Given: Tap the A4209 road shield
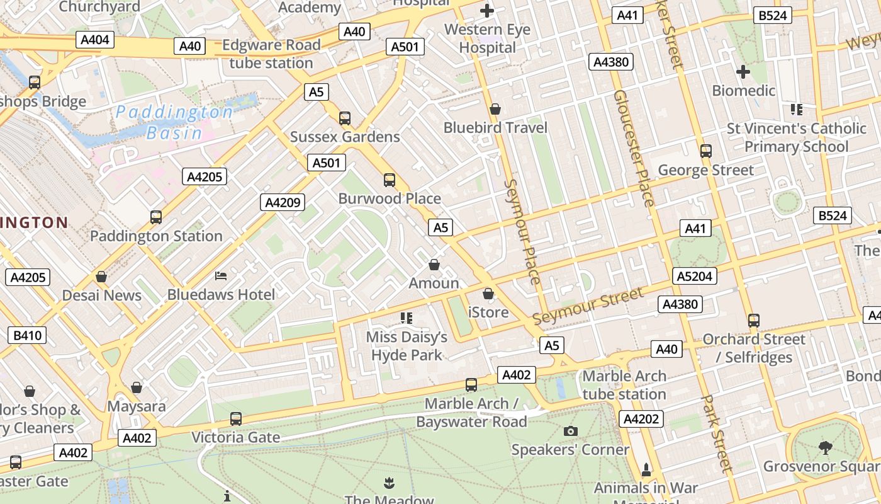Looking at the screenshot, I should pos(283,202).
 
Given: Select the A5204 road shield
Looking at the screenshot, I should pos(695,276).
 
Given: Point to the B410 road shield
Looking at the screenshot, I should pos(28,335).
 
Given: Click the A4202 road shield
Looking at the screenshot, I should pos(641,419).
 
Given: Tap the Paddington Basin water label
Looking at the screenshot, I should pos(174,122).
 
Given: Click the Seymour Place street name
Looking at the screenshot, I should pos(523,231).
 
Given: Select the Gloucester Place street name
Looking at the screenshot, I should pos(634,149).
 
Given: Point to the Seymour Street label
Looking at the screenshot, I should pos(588,306).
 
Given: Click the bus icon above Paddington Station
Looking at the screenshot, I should pos(156,217).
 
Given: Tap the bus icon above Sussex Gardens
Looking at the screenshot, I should pos(344,118).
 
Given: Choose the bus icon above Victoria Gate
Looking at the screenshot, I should pos(236,418).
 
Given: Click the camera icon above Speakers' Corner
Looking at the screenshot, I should pos(571,431).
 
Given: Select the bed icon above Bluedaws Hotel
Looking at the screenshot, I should pos(221,275).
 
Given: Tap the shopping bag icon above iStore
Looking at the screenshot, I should pos(488,294).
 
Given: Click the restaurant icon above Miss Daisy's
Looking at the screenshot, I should pos(407,318).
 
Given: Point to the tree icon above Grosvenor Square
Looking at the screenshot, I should pos(825,447).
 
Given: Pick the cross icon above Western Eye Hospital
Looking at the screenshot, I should pos(487,11).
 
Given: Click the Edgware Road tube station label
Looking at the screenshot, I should pos(271,54).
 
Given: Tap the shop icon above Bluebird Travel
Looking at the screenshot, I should pos(495,109).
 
